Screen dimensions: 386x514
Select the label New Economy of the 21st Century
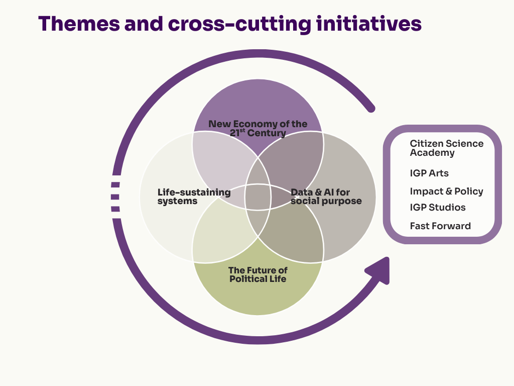click(x=258, y=129)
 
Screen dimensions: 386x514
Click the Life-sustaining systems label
click(x=194, y=197)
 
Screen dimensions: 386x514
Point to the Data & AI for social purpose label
click(x=326, y=197)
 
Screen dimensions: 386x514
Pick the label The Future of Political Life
click(x=258, y=274)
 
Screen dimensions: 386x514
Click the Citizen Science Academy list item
click(x=446, y=148)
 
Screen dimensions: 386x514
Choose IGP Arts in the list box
click(x=429, y=173)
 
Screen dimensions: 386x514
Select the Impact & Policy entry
click(x=446, y=191)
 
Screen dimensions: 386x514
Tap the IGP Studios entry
click(x=437, y=208)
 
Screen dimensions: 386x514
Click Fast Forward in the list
click(x=440, y=226)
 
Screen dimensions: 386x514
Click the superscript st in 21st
click(x=242, y=131)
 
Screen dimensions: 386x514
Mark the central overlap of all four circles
click(x=258, y=197)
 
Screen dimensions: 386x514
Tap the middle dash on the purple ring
click(x=115, y=197)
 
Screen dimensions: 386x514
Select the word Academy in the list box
click(x=432, y=153)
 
